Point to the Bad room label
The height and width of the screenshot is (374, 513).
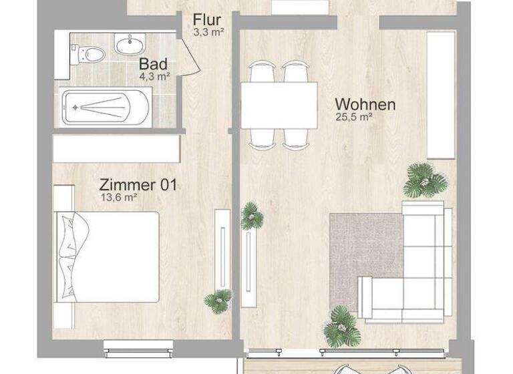[x=153, y=64]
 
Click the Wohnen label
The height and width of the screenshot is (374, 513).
[x=365, y=104]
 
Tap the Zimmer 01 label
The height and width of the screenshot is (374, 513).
[x=138, y=184]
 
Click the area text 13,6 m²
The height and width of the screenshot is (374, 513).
[x=118, y=197]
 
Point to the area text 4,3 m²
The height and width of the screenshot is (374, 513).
[x=154, y=76]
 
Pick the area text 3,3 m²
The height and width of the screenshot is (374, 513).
[x=207, y=31]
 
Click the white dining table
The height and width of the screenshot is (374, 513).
[x=278, y=105]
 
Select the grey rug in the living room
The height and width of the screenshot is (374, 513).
[x=365, y=253]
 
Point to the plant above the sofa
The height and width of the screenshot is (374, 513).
[x=424, y=179]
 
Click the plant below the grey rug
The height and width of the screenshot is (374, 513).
[x=342, y=326]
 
